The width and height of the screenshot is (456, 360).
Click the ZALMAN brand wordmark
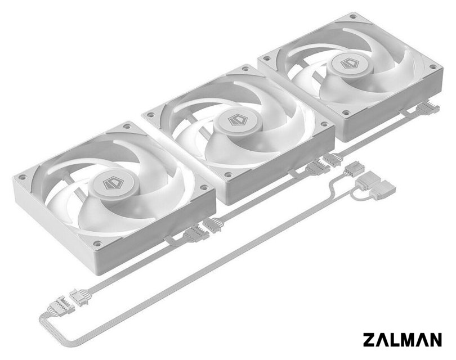[402, 339]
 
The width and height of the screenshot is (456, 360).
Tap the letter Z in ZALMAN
[369, 339]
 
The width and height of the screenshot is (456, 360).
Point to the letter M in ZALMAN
[409, 339]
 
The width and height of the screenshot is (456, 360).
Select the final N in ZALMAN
[436, 339]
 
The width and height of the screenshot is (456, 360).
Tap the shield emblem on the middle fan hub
[236, 120]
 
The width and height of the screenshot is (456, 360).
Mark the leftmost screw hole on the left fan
[21, 177]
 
